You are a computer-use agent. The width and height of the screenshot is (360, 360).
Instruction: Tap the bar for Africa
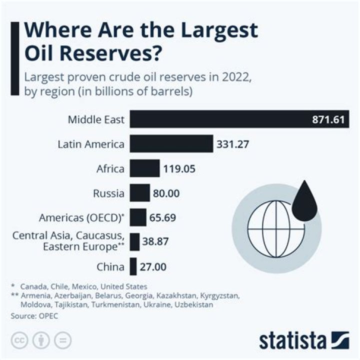pyautogui.click(x=145, y=169)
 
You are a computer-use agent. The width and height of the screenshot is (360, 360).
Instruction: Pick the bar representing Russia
pyautogui.click(x=140, y=193)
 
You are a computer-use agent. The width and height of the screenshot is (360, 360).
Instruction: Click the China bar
pyautogui.click(x=133, y=267)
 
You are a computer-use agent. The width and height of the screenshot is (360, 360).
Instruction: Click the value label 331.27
pyautogui.click(x=233, y=145)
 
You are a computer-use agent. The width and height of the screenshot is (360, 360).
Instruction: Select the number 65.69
pyautogui.click(x=162, y=218)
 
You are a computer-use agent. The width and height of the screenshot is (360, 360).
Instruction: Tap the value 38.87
pyautogui.click(x=156, y=242)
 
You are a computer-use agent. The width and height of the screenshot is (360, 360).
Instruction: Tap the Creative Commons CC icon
pyautogui.click(x=20, y=340)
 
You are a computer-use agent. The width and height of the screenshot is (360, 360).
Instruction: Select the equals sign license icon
pyautogui.click(x=62, y=340)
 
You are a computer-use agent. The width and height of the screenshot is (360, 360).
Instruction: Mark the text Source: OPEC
pyautogui.click(x=32, y=316)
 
